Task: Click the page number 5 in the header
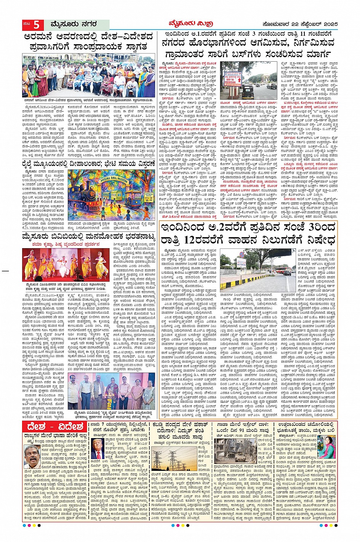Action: (36, 25)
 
